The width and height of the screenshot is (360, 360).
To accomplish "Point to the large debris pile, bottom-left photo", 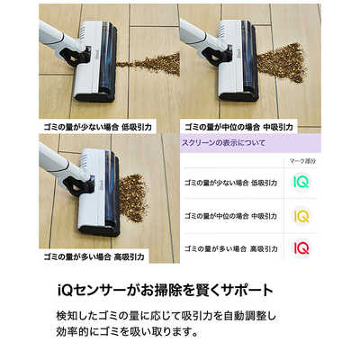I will click(135, 193).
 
